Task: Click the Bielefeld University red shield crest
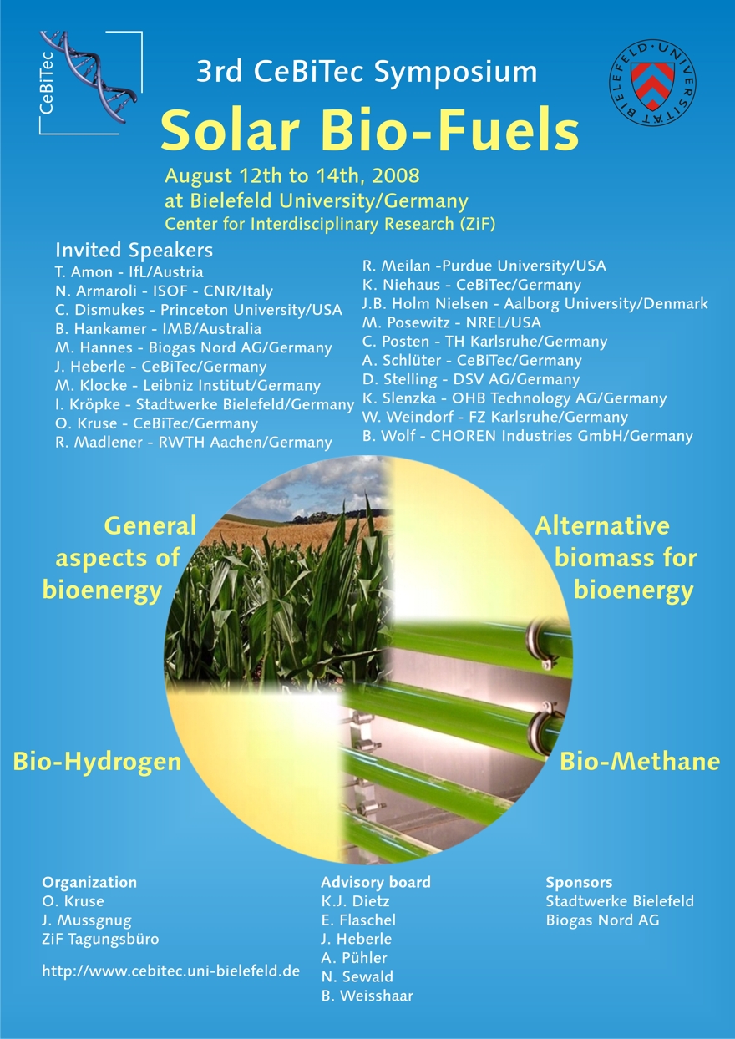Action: [x=652, y=84]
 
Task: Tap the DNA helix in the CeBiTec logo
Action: [x=90, y=77]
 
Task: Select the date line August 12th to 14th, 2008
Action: [x=292, y=175]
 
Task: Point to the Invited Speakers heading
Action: [x=134, y=250]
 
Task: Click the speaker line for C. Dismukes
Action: [x=199, y=310]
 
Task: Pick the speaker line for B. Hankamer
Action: [x=158, y=329]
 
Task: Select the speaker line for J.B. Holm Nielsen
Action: [x=535, y=303]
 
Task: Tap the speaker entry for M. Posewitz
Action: [x=452, y=322]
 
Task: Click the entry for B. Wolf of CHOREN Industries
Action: [x=528, y=436]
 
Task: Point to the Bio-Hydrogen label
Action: [x=98, y=761]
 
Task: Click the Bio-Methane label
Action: [x=640, y=761]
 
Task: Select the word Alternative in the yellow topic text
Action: [x=602, y=526]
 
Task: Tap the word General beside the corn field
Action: [x=150, y=526]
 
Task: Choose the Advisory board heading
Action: [x=376, y=882]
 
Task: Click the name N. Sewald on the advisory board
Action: [x=357, y=976]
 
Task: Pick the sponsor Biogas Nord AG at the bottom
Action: [x=602, y=920]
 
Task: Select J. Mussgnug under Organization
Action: [x=87, y=920]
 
